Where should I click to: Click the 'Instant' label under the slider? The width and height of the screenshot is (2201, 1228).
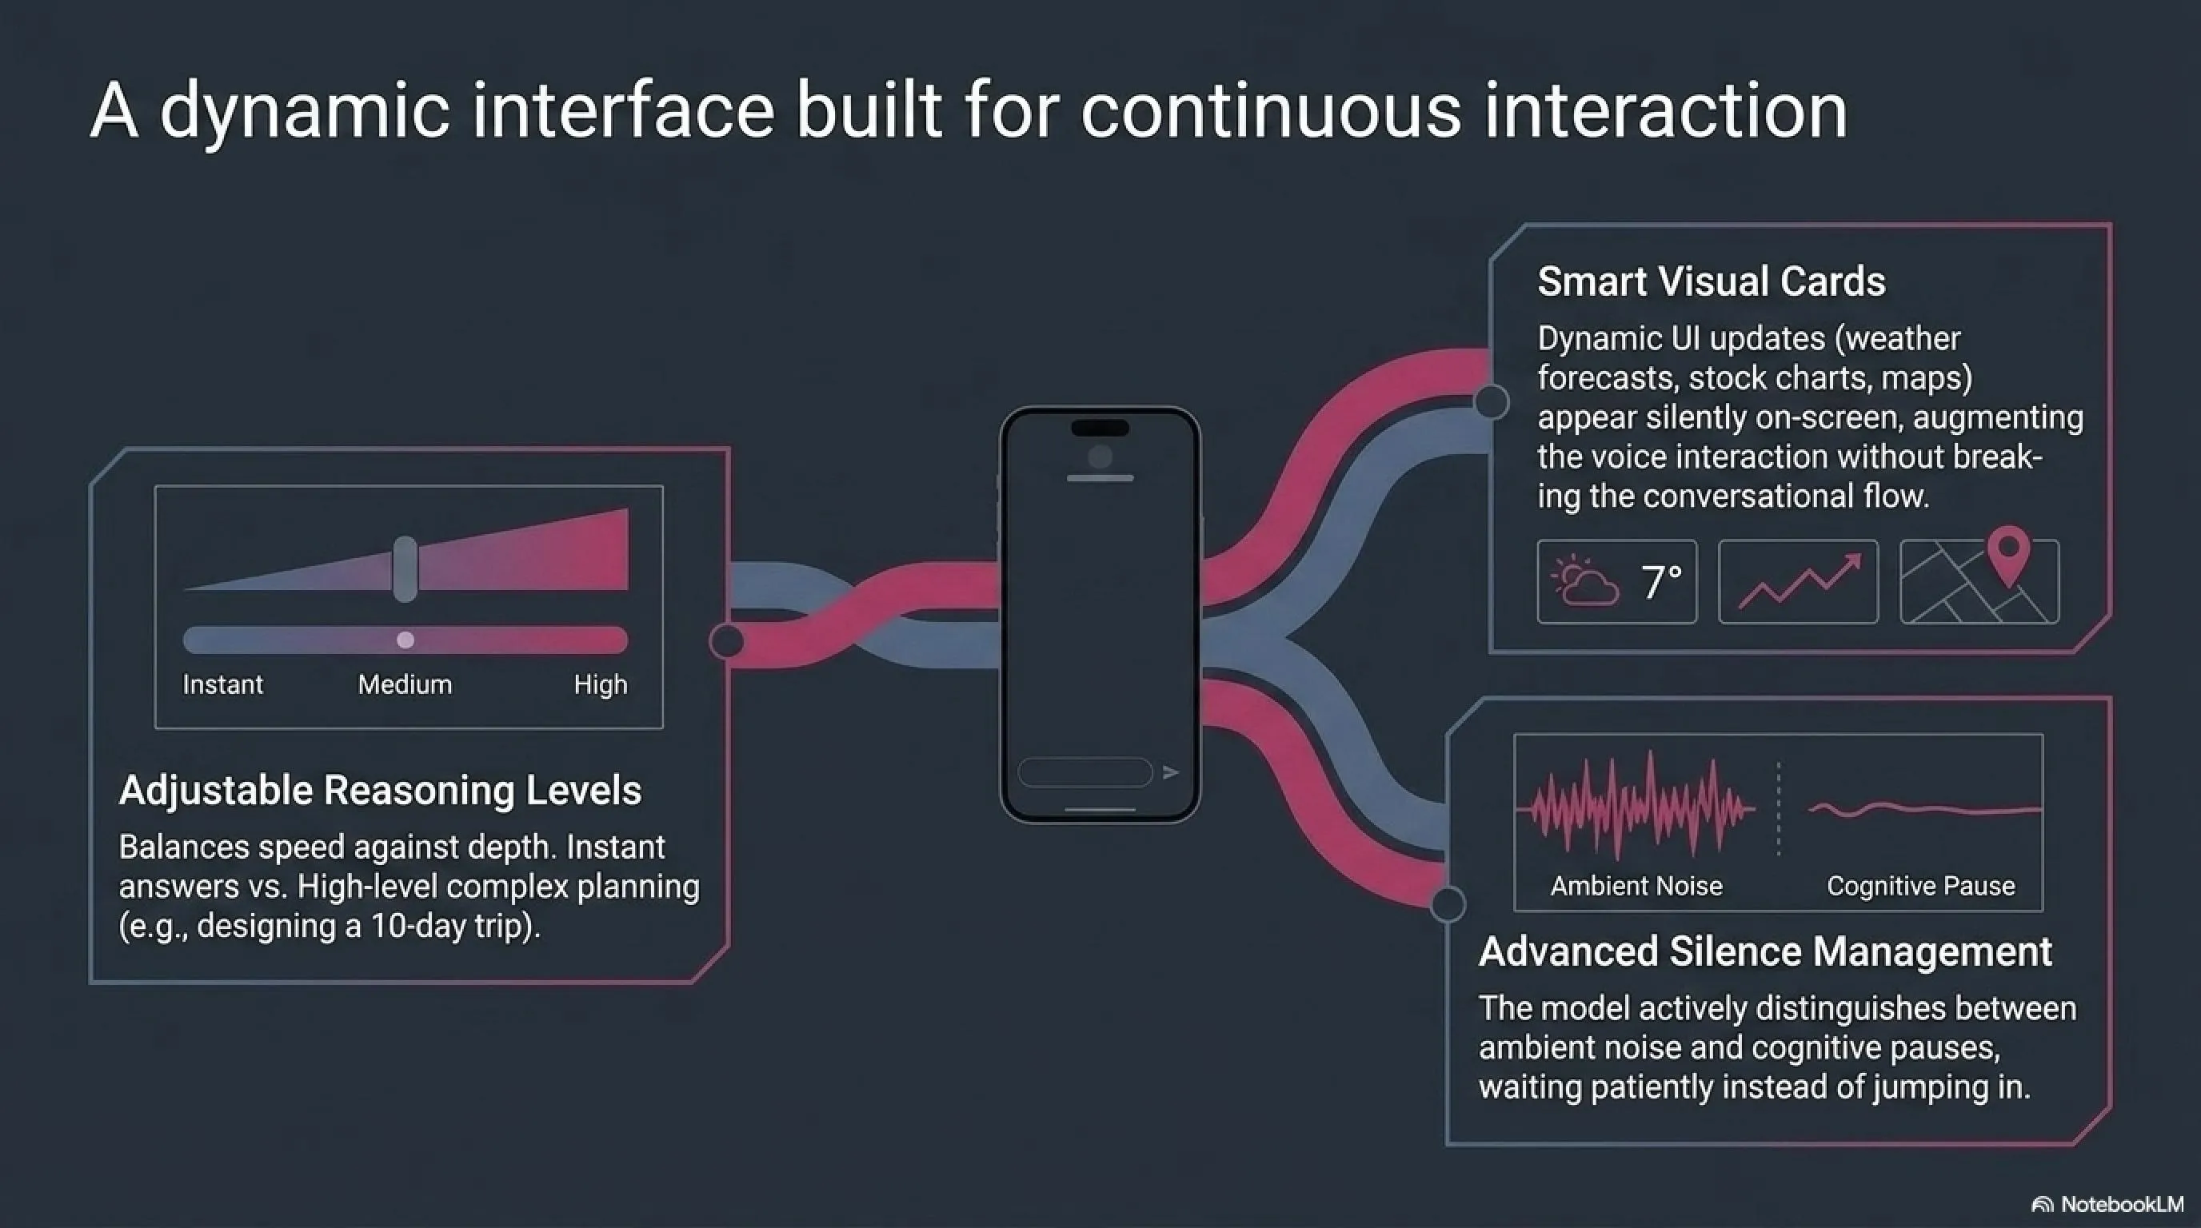[x=223, y=684]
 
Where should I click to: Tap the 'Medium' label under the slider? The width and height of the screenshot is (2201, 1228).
[x=405, y=684]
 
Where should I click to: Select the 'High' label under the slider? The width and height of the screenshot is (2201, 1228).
[x=601, y=684]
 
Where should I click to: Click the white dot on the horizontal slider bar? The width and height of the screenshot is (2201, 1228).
[x=405, y=640]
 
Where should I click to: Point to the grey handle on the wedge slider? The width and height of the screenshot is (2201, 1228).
[x=405, y=568]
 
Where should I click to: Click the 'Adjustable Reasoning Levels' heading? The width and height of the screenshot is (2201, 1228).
[x=380, y=791]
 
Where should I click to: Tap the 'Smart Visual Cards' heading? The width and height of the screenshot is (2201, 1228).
[x=1712, y=281]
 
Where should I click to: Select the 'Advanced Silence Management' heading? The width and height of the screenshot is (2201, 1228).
[x=1765, y=951]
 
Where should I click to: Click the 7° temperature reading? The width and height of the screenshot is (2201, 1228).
[x=1662, y=581]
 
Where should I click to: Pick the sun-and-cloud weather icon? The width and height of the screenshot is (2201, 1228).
[x=1584, y=581]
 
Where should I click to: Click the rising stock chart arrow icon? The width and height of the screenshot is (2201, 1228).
[x=1800, y=582]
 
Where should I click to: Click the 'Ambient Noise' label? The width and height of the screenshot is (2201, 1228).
[x=1636, y=887]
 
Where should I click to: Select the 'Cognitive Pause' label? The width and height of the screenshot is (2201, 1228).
[x=1921, y=887]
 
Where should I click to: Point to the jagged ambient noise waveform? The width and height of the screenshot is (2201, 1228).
[x=1635, y=806]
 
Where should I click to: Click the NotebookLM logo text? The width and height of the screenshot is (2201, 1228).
[x=2123, y=1204]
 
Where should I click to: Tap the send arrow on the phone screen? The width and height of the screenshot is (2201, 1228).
[x=1171, y=772]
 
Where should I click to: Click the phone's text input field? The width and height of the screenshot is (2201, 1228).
[x=1085, y=772]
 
